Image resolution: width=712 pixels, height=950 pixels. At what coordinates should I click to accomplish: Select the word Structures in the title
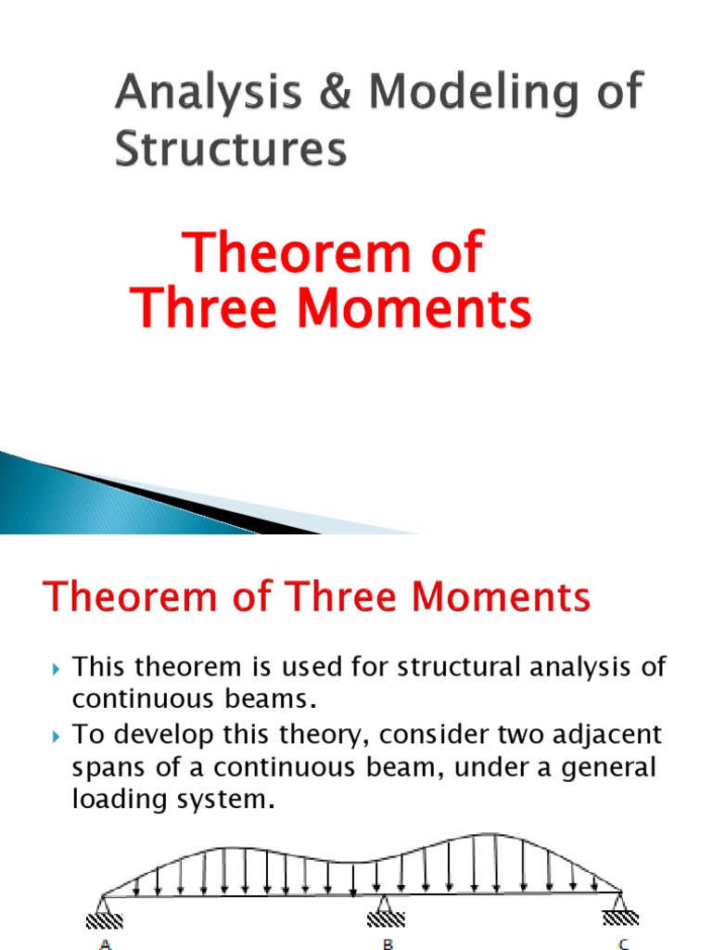click(x=231, y=148)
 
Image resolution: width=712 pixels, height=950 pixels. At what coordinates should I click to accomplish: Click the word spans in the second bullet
click(x=105, y=767)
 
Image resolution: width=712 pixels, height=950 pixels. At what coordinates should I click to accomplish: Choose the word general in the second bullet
click(x=597, y=767)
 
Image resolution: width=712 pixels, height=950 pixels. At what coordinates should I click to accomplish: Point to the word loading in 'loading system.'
click(x=115, y=800)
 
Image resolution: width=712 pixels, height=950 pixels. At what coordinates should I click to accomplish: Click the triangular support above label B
click(x=382, y=905)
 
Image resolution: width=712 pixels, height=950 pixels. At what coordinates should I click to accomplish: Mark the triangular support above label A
click(x=105, y=905)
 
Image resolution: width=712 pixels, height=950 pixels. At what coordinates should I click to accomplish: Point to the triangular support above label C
click(x=619, y=905)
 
